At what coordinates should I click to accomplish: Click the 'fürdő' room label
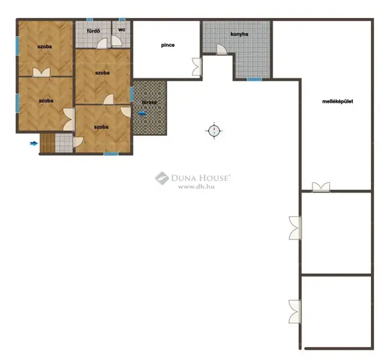pyautogui.click(x=93, y=31)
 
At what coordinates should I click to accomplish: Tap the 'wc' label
pyautogui.click(x=121, y=30)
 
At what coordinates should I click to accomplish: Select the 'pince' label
pyautogui.click(x=168, y=45)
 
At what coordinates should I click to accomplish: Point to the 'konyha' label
pyautogui.click(x=239, y=34)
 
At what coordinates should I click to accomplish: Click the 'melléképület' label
pyautogui.click(x=338, y=101)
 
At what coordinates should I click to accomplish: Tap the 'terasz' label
pyautogui.click(x=150, y=103)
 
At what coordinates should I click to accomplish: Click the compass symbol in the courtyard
pyautogui.click(x=214, y=131)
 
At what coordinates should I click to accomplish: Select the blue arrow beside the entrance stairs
pyautogui.click(x=33, y=143)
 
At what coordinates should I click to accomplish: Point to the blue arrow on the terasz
pyautogui.click(x=142, y=114)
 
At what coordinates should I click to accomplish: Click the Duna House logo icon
pyautogui.click(x=162, y=178)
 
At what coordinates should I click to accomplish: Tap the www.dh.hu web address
pyautogui.click(x=196, y=187)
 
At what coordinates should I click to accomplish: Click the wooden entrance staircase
pyautogui.click(x=47, y=143)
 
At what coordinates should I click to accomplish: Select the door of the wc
pyautogui.click(x=117, y=41)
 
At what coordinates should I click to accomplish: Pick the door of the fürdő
pyautogui.click(x=102, y=44)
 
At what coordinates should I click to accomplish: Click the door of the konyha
pyautogui.click(x=222, y=49)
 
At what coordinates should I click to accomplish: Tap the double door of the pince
pyautogui.click(x=197, y=67)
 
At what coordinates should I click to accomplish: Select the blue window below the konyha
pyautogui.click(x=254, y=80)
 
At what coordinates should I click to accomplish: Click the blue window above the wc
pyautogui.click(x=122, y=19)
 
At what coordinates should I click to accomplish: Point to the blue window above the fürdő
pyautogui.click(x=90, y=19)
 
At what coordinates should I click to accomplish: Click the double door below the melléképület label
pyautogui.click(x=321, y=187)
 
